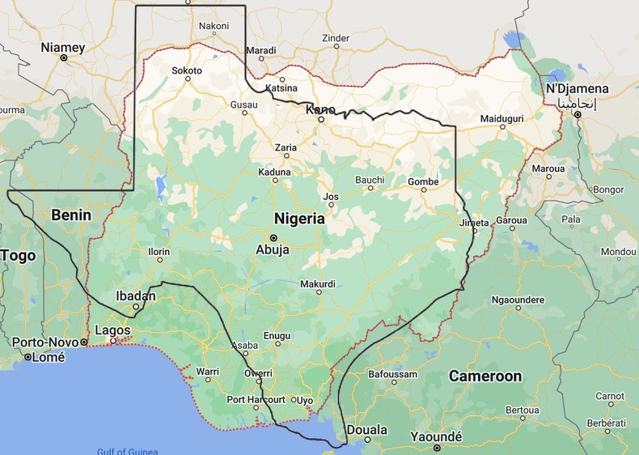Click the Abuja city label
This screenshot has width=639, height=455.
coord(273,249)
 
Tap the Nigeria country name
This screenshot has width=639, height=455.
coord(299,219)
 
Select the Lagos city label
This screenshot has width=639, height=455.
coord(112,330)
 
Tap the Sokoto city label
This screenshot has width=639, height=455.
coord(187,70)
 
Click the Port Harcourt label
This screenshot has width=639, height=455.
coord(256,399)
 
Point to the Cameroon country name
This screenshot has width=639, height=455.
coord(485,376)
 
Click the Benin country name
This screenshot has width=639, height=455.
coord(71,215)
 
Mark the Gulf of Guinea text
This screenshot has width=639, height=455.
coord(127,451)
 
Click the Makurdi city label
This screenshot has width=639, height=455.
coord(317,284)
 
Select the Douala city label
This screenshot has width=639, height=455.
coord(366,429)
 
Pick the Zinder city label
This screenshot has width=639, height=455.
coord(336,37)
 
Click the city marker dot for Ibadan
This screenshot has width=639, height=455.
coord(137,307)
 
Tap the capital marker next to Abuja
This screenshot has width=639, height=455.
coord(273,237)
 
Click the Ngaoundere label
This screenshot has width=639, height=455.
coord(518,300)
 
